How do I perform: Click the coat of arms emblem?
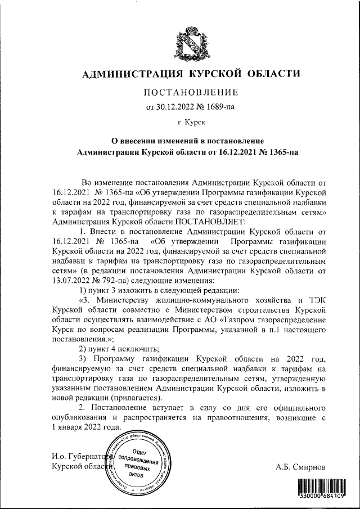pos(179,42)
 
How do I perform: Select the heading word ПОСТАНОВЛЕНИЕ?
pos(192,92)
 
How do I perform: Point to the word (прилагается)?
pos(124,398)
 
